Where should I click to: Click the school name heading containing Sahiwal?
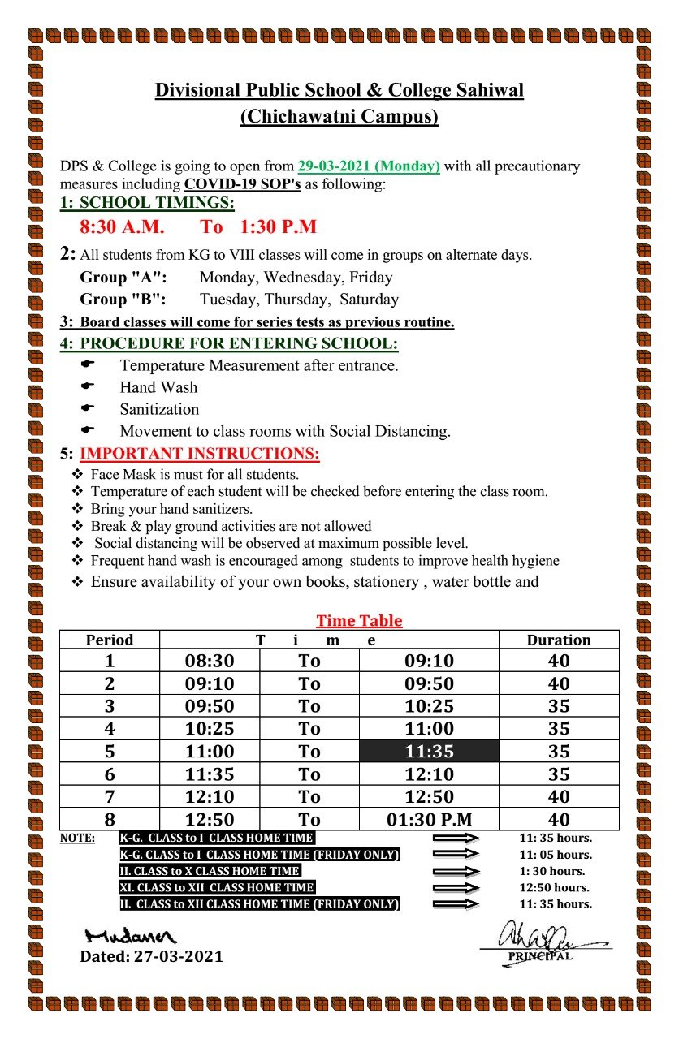(x=339, y=90)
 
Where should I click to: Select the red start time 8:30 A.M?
(x=122, y=226)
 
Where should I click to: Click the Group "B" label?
(x=123, y=300)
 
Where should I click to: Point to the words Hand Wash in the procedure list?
(x=158, y=387)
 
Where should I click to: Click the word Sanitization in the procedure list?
(x=159, y=409)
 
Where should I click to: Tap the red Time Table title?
(x=359, y=621)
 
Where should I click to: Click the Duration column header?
(x=559, y=640)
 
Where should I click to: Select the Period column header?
(x=110, y=640)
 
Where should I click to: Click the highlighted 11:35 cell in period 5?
(x=430, y=752)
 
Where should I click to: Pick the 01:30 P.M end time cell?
(x=430, y=819)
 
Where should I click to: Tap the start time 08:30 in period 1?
(x=210, y=661)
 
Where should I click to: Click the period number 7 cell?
(x=110, y=797)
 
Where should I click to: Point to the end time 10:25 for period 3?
(x=430, y=706)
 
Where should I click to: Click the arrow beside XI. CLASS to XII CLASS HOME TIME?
(x=456, y=888)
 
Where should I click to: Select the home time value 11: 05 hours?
(x=556, y=855)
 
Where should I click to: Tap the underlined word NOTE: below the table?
(x=77, y=838)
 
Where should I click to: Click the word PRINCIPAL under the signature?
(x=540, y=956)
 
